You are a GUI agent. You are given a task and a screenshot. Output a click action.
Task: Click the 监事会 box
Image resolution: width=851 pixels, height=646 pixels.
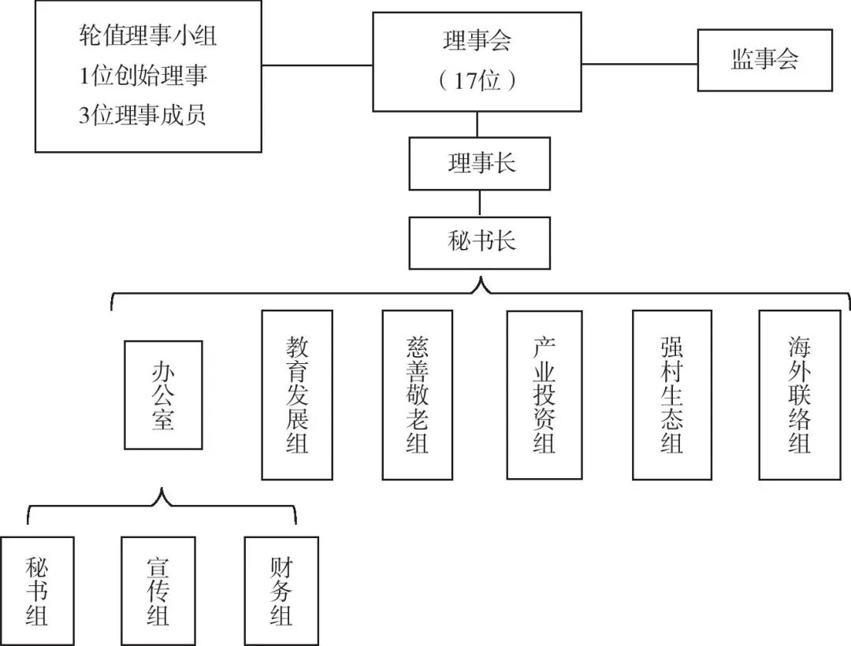click(764, 61)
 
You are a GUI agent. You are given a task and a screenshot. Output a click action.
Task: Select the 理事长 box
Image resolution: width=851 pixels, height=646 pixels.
click(479, 164)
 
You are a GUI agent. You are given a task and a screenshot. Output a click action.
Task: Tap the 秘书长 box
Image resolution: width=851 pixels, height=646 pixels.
click(479, 243)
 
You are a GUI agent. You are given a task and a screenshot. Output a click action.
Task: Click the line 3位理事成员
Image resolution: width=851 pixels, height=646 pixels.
click(143, 116)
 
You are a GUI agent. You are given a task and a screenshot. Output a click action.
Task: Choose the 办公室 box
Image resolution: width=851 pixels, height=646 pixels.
click(163, 395)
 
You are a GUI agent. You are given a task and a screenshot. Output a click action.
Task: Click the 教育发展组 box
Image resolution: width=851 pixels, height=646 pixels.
click(297, 395)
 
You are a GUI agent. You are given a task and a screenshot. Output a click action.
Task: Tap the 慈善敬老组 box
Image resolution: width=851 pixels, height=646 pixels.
click(417, 395)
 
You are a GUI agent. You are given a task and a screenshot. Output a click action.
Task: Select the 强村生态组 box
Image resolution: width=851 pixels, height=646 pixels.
click(671, 395)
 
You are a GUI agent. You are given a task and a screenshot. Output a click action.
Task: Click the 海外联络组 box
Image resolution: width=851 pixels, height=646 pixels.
click(797, 395)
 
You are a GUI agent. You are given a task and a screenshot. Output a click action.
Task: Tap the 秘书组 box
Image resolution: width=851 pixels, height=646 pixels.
click(37, 591)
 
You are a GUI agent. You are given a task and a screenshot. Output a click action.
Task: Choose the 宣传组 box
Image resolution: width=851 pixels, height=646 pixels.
click(158, 591)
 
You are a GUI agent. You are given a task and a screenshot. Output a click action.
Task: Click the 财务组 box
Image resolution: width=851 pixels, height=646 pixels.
click(281, 591)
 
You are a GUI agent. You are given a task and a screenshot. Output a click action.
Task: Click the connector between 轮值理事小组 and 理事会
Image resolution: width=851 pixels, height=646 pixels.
click(317, 64)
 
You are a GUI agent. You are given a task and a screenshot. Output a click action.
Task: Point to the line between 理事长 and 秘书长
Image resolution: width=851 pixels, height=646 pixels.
click(479, 203)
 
